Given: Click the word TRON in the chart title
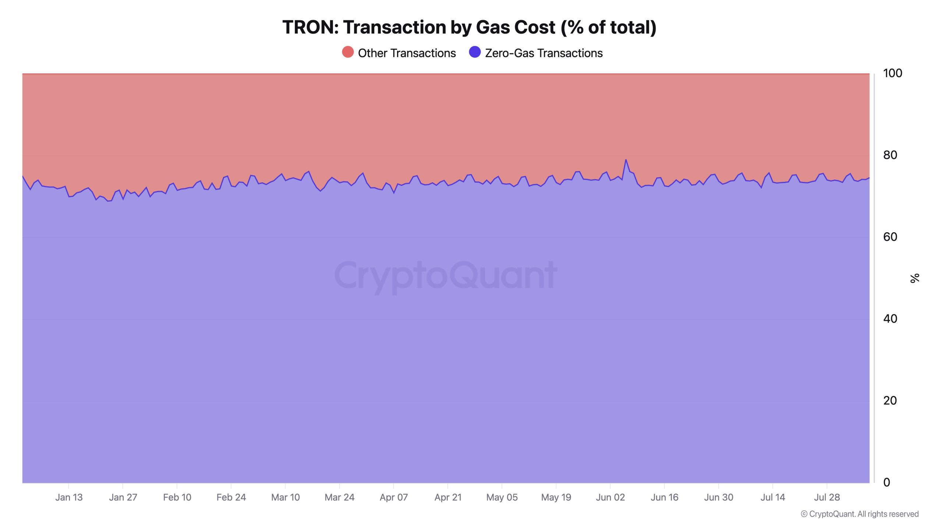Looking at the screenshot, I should tap(310, 27).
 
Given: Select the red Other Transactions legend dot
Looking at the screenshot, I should tap(348, 52).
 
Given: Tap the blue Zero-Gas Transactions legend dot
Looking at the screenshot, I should tap(475, 52).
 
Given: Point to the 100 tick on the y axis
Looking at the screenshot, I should tap(892, 73).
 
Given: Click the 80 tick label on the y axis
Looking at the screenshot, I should tap(890, 155).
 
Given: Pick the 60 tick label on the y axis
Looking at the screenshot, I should tap(890, 237).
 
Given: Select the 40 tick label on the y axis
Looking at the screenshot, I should tap(890, 319).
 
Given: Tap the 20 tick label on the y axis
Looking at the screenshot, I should tap(890, 400).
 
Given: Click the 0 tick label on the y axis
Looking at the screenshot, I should tap(886, 482).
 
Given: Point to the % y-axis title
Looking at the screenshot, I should tap(915, 278).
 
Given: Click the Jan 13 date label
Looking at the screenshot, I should tap(69, 497).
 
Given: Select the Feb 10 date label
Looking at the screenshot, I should tap(177, 497).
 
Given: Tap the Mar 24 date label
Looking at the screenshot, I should tap(339, 497).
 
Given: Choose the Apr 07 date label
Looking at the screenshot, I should tap(394, 497).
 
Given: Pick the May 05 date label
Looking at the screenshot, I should tap(502, 497).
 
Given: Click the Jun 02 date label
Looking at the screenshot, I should tap(610, 497).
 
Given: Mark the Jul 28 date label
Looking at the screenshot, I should tap(827, 497).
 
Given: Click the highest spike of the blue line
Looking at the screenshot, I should tap(626, 160).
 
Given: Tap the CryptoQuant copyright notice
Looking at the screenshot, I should tap(860, 514).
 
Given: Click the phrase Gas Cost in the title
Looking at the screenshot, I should tap(515, 27).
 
